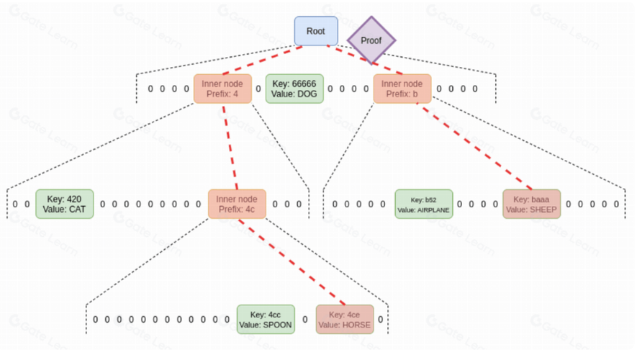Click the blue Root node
pos(315,31)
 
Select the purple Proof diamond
pos(371,40)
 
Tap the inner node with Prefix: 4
pos(222,89)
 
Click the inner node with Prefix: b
pos(402,89)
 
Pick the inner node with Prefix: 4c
pos(237,204)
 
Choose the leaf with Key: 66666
pos(295,89)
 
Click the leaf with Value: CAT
pos(65,204)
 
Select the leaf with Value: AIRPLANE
pos(423,204)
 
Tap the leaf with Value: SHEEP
pos(531,204)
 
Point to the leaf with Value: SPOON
pos(266,319)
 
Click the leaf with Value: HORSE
pos(345,319)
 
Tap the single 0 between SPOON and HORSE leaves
pos(304,320)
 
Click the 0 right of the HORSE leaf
pos(380,320)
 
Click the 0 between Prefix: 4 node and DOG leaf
pos(258,89)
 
